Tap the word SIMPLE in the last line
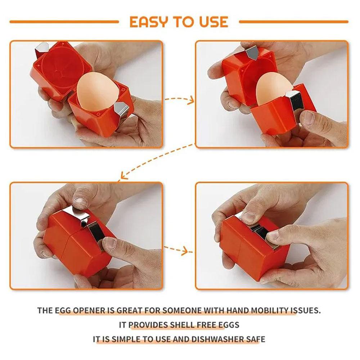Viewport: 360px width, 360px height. [128, 339]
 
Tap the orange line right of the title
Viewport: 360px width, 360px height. [293, 22]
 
